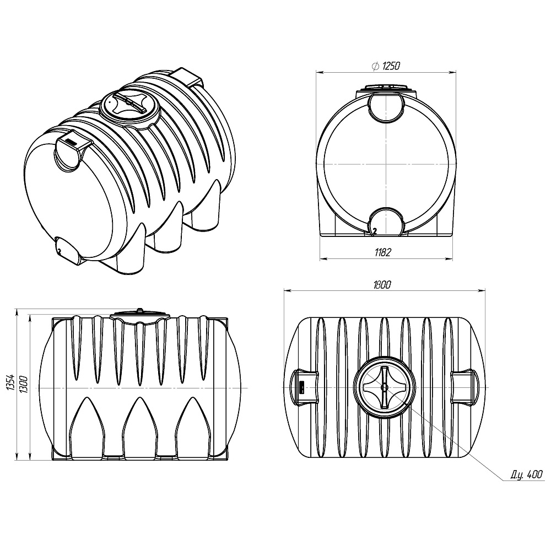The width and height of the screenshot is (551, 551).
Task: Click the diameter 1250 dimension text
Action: (386, 66)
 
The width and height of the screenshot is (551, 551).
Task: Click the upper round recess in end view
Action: (385, 107)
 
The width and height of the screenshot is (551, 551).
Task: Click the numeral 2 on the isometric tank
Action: (58, 250)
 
